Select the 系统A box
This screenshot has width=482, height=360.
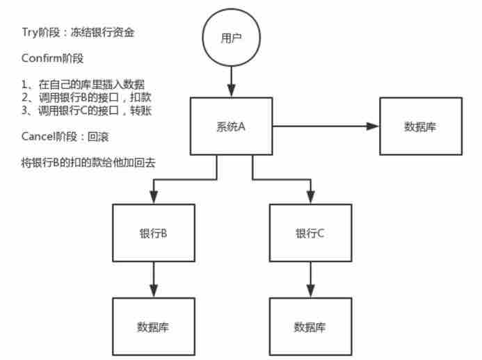pos(232,126)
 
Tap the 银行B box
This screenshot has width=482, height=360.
pos(153,233)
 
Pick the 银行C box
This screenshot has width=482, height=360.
pos(310,233)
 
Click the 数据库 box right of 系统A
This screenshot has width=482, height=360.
pos(420,126)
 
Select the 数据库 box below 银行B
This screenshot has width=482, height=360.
pos(153,327)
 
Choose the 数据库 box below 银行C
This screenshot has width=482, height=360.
pos(310,327)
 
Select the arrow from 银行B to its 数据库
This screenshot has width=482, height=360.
pos(153,280)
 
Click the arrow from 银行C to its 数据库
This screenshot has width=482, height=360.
pos(310,280)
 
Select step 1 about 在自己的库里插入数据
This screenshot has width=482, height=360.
pos(83,84)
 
